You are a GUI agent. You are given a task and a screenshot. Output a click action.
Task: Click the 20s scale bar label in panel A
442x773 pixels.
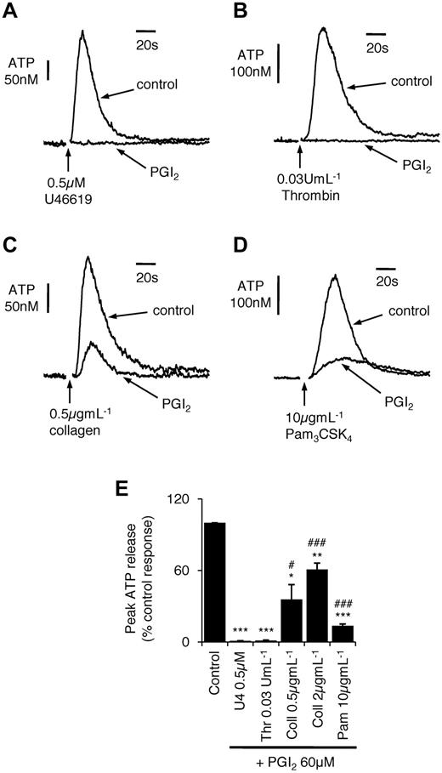(147, 47)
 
